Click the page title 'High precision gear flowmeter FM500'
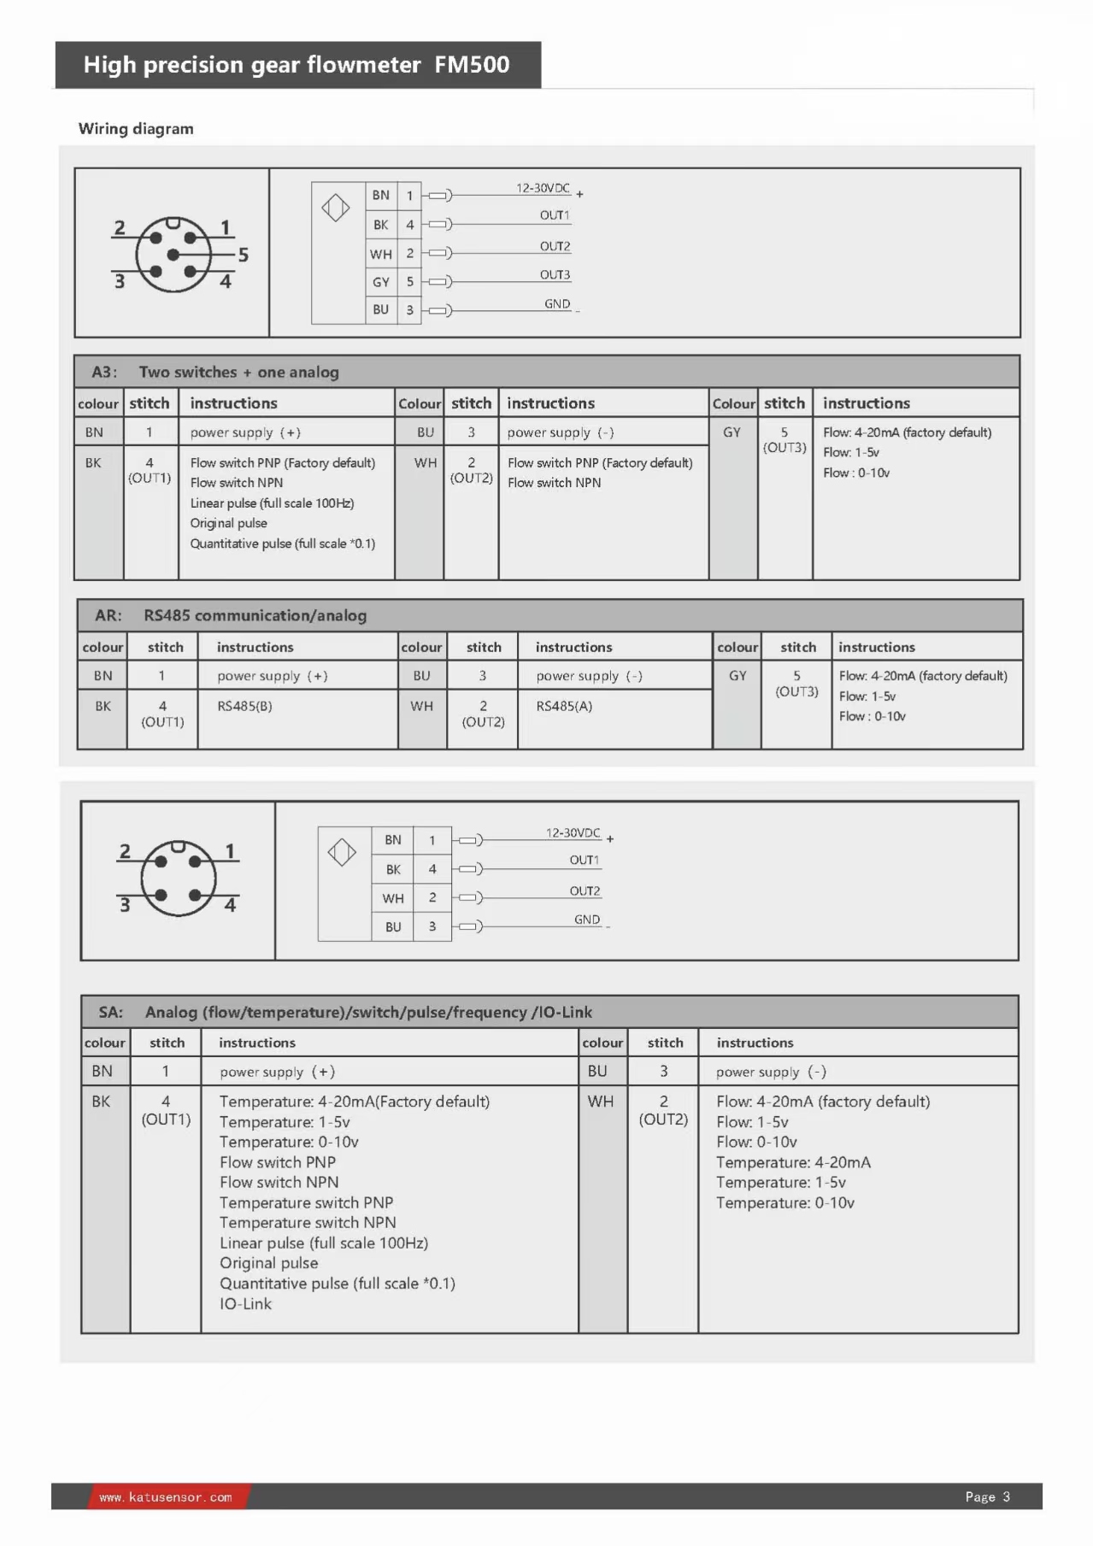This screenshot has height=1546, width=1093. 297,65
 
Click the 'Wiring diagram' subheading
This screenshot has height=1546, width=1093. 136,129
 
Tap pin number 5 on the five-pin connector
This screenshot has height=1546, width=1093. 244,255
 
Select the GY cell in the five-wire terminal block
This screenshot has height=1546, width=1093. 381,282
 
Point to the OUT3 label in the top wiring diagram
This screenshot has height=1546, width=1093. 555,274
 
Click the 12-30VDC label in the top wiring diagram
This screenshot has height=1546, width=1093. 543,188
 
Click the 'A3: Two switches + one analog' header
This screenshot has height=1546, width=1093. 215,372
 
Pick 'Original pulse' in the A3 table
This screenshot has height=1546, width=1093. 228,523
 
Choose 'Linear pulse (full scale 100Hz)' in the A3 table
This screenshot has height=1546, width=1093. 272,503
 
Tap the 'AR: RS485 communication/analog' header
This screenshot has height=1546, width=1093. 231,615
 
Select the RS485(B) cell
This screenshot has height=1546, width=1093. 244,706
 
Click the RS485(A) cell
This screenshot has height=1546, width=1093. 564,706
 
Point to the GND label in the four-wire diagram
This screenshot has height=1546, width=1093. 587,920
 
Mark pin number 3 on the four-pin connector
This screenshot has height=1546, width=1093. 125,905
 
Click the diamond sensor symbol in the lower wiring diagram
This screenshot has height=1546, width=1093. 342,852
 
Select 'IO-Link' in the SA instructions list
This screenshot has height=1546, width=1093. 245,1304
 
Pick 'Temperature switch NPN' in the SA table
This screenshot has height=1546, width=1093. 308,1223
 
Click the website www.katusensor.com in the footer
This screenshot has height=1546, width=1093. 166,1497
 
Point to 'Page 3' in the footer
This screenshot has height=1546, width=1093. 987,1497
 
